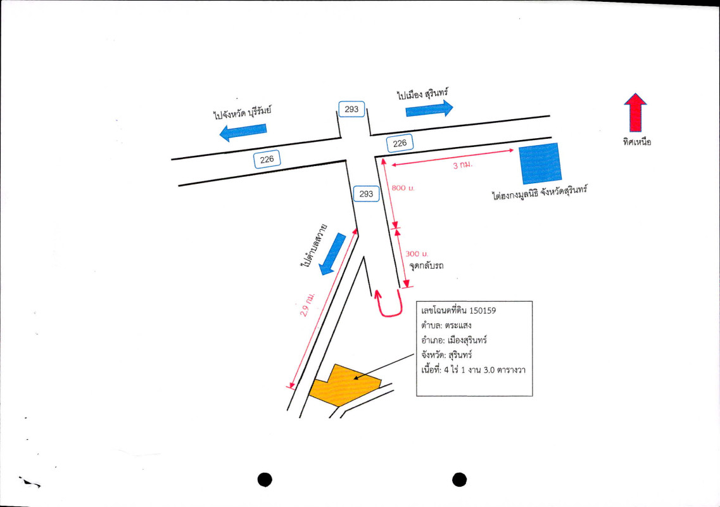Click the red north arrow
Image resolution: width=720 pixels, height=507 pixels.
click(x=635, y=113)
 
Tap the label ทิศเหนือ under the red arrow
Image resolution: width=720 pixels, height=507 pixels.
click(x=637, y=142)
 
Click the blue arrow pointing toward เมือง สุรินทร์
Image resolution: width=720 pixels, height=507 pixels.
click(x=429, y=109)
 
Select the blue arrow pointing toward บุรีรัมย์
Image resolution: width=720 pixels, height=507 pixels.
click(x=243, y=132)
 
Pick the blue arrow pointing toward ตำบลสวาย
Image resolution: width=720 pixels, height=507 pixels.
click(x=332, y=253)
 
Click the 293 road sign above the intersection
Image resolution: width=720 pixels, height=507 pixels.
click(x=351, y=110)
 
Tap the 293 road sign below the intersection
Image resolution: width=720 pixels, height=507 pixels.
click(x=367, y=194)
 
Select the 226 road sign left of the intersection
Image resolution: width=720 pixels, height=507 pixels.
click(x=267, y=160)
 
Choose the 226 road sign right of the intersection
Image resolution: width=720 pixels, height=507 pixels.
click(x=400, y=143)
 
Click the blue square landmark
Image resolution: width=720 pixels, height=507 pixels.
click(x=540, y=164)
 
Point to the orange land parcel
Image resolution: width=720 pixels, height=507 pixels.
click(x=344, y=385)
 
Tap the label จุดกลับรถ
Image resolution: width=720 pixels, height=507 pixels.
click(x=426, y=266)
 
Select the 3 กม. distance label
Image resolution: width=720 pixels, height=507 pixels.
click(x=462, y=165)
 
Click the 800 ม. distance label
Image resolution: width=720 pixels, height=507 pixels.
click(x=403, y=188)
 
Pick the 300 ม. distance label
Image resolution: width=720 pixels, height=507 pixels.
click(x=417, y=253)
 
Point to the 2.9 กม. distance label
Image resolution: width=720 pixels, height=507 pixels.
click(x=307, y=304)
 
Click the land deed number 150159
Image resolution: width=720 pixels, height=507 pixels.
click(x=483, y=311)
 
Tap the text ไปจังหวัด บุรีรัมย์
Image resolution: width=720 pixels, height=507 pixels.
click(x=243, y=113)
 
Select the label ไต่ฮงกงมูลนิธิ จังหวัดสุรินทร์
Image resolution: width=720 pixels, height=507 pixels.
click(x=540, y=193)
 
